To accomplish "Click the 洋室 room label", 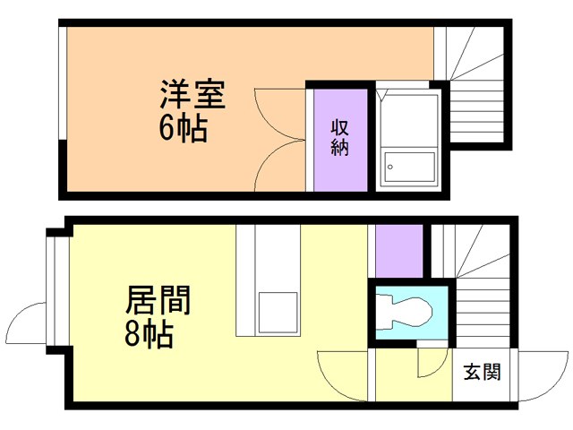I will coord(192,95).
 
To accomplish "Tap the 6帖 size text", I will coord(183,130).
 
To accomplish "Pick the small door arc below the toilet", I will coord(432,361).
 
